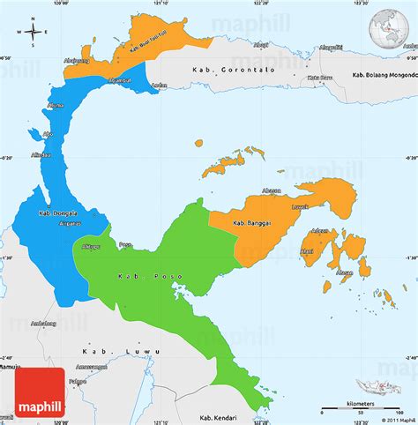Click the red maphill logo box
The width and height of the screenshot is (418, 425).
(x=41, y=394)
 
